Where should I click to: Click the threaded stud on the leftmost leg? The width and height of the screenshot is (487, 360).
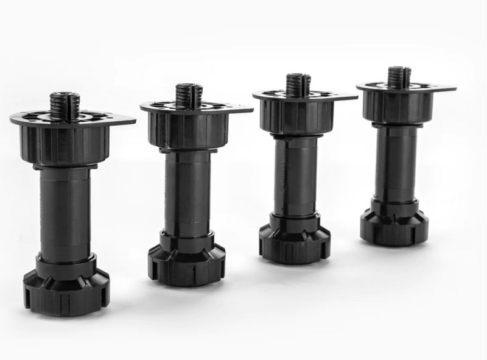65,105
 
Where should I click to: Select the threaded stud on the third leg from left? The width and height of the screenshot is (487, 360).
298,85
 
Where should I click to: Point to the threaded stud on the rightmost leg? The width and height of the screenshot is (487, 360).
399,77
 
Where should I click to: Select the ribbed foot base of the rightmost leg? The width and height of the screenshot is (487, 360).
394,224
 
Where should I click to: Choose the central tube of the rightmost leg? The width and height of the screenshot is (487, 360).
396,162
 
